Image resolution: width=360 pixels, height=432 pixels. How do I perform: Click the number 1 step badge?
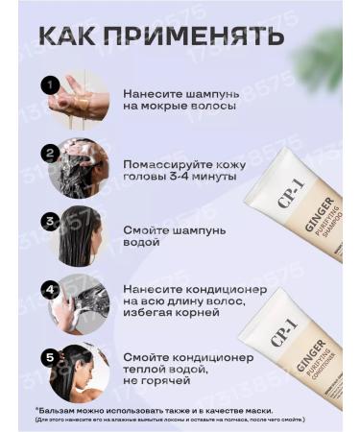pos(50,85)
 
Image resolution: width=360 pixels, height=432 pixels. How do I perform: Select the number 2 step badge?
pos(50,153)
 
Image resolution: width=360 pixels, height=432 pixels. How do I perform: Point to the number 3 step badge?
pos(50,221)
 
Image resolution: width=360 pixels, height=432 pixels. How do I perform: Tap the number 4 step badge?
pos(50,288)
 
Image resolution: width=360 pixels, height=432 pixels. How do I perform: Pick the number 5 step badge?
pos(50,356)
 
